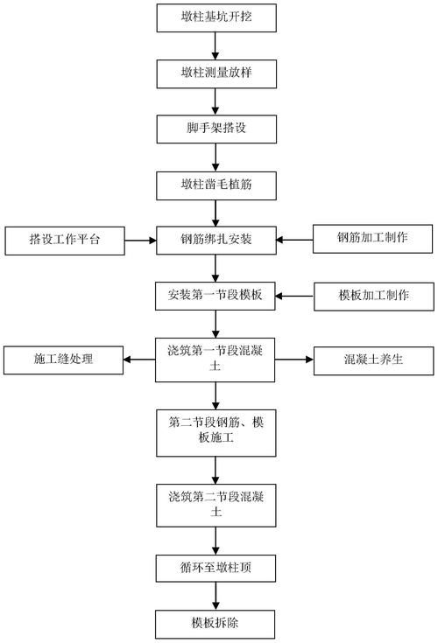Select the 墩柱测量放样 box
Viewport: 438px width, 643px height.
215,71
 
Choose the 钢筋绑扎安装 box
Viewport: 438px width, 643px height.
215,239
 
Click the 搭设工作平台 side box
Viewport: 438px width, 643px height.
64,239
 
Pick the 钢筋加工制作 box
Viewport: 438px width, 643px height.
372,237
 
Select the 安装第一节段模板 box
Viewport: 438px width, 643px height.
215,295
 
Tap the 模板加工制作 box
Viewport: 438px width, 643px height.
372,295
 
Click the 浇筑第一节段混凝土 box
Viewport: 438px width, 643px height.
215,360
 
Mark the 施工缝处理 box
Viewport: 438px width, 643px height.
63,359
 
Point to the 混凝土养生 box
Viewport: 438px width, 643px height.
372,359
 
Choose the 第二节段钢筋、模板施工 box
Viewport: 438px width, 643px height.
215,431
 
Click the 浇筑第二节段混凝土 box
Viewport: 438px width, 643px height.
215,506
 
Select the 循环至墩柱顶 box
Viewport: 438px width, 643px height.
215,570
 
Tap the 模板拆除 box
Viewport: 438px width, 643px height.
215,625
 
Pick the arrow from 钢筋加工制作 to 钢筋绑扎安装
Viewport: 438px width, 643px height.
295,238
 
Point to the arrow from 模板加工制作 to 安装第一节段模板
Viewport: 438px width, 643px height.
295,295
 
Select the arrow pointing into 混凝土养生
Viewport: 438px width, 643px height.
295,359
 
